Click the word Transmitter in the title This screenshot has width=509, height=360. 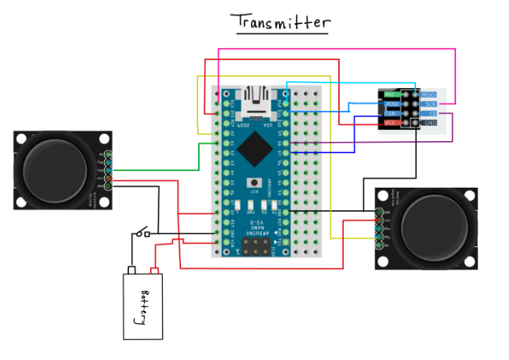pyautogui.click(x=280, y=22)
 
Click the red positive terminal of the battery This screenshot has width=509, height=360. pyautogui.click(x=156, y=270)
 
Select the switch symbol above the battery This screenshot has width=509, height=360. pyautogui.click(x=143, y=233)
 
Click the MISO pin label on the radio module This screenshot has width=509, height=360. pyautogui.click(x=430, y=95)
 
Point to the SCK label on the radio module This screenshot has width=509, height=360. pyautogui.click(x=430, y=104)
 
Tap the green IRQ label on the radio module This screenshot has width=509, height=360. pyautogui.click(x=391, y=95)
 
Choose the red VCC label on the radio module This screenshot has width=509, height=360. pyautogui.click(x=391, y=123)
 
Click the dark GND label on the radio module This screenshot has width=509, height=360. pyautogui.click(x=430, y=123)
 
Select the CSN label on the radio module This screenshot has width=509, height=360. pyautogui.click(x=391, y=114)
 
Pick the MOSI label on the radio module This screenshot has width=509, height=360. pyautogui.click(x=391, y=104)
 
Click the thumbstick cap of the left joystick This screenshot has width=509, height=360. pyautogui.click(x=53, y=169)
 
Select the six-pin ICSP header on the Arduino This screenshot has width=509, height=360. pyautogui.click(x=257, y=244)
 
